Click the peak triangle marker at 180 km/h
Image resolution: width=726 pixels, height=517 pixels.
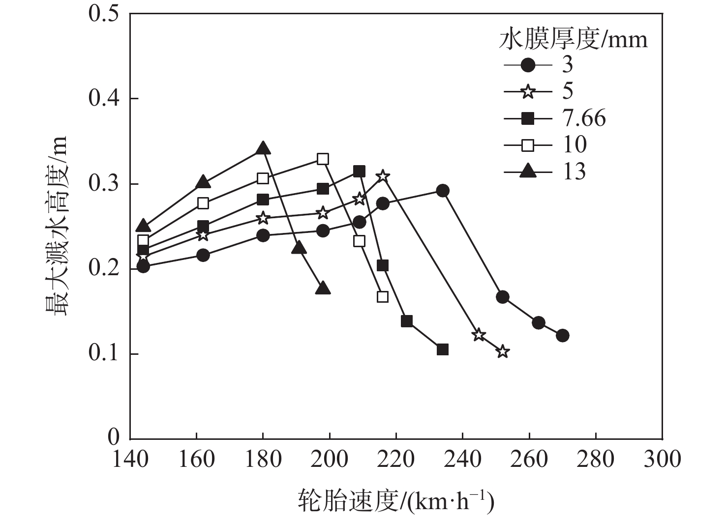(263, 148)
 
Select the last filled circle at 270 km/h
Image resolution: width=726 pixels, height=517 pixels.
(563, 336)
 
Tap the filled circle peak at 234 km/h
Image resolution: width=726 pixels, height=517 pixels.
(443, 191)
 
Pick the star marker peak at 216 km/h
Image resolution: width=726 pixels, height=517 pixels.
(383, 176)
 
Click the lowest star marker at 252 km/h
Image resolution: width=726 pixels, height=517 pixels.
(503, 351)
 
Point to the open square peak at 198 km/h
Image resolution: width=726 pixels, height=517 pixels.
(323, 159)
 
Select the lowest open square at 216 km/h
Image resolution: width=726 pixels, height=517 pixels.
(383, 297)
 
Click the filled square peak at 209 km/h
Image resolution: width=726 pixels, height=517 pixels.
(360, 171)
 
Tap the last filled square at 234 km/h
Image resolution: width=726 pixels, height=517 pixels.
(443, 349)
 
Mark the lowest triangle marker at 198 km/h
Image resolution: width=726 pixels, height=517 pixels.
(323, 288)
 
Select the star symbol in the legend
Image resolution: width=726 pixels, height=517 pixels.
(528, 91)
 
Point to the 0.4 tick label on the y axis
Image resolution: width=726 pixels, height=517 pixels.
(104, 99)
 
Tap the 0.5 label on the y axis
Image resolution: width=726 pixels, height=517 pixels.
(104, 13)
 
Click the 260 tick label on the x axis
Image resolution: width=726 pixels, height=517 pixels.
(529, 460)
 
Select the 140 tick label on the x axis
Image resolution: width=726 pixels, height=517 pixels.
(130, 460)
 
